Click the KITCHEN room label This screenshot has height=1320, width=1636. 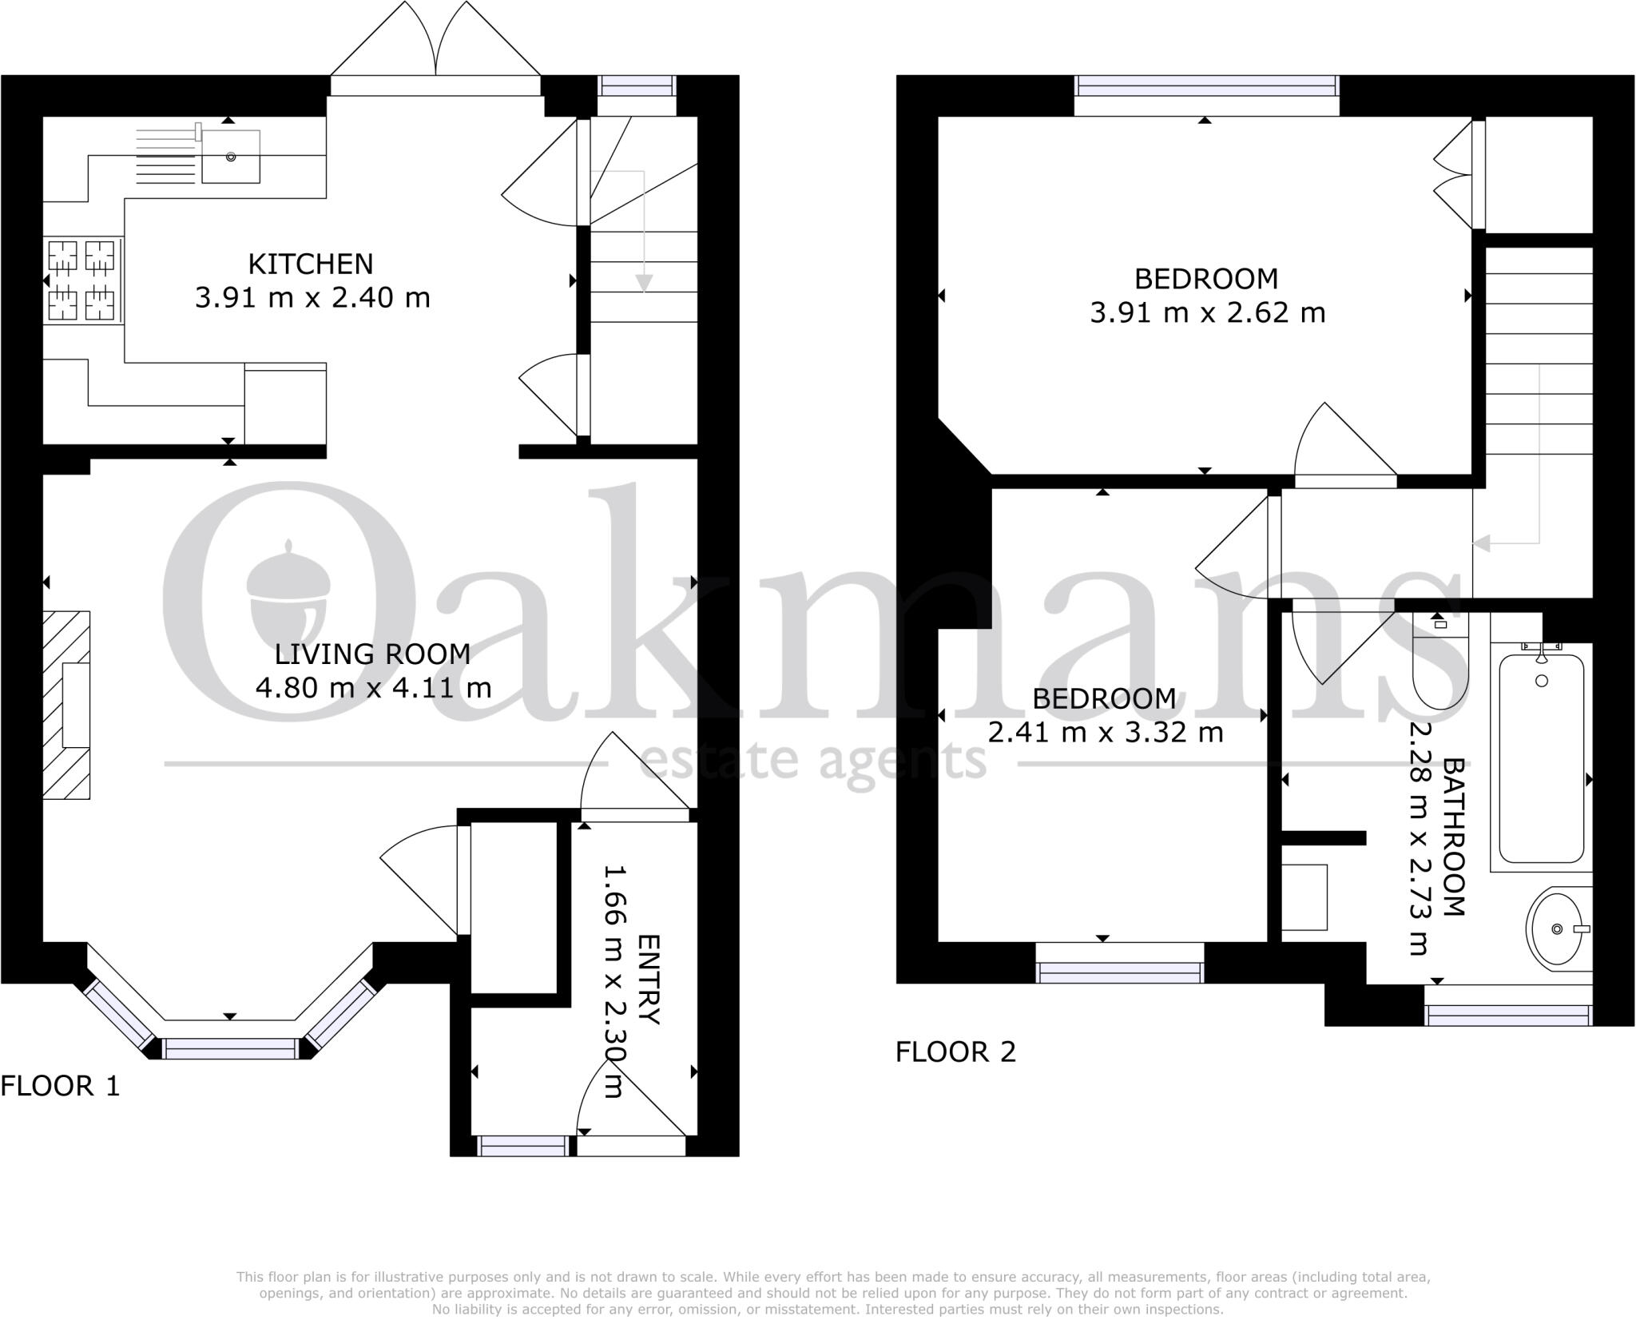point(310,264)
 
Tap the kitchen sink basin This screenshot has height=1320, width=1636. point(230,157)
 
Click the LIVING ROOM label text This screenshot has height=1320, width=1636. point(372,654)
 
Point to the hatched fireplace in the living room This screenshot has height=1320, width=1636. point(66,705)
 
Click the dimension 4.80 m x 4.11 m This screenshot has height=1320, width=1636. point(373,687)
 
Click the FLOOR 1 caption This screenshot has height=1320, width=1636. point(60,1086)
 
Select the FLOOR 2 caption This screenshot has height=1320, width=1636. point(955,1052)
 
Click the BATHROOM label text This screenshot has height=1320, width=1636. point(1454,837)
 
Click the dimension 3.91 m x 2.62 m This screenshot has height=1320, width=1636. point(1207,312)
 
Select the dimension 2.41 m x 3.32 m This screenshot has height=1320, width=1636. point(1106,732)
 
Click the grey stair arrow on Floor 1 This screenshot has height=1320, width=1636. point(643,282)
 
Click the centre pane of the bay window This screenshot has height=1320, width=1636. point(230,1048)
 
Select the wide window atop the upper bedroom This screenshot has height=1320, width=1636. point(1206,85)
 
